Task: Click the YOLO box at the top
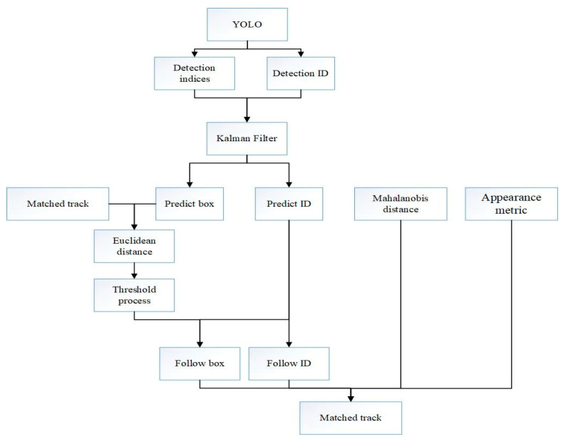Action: [x=247, y=24]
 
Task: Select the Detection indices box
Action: [x=194, y=73]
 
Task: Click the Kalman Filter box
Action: [x=247, y=137]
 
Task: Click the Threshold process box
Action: [x=134, y=294]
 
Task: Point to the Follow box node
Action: [x=200, y=363]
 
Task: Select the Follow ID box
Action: [x=289, y=363]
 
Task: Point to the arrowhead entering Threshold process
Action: [x=134, y=274]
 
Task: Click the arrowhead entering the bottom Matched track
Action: [x=350, y=398]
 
